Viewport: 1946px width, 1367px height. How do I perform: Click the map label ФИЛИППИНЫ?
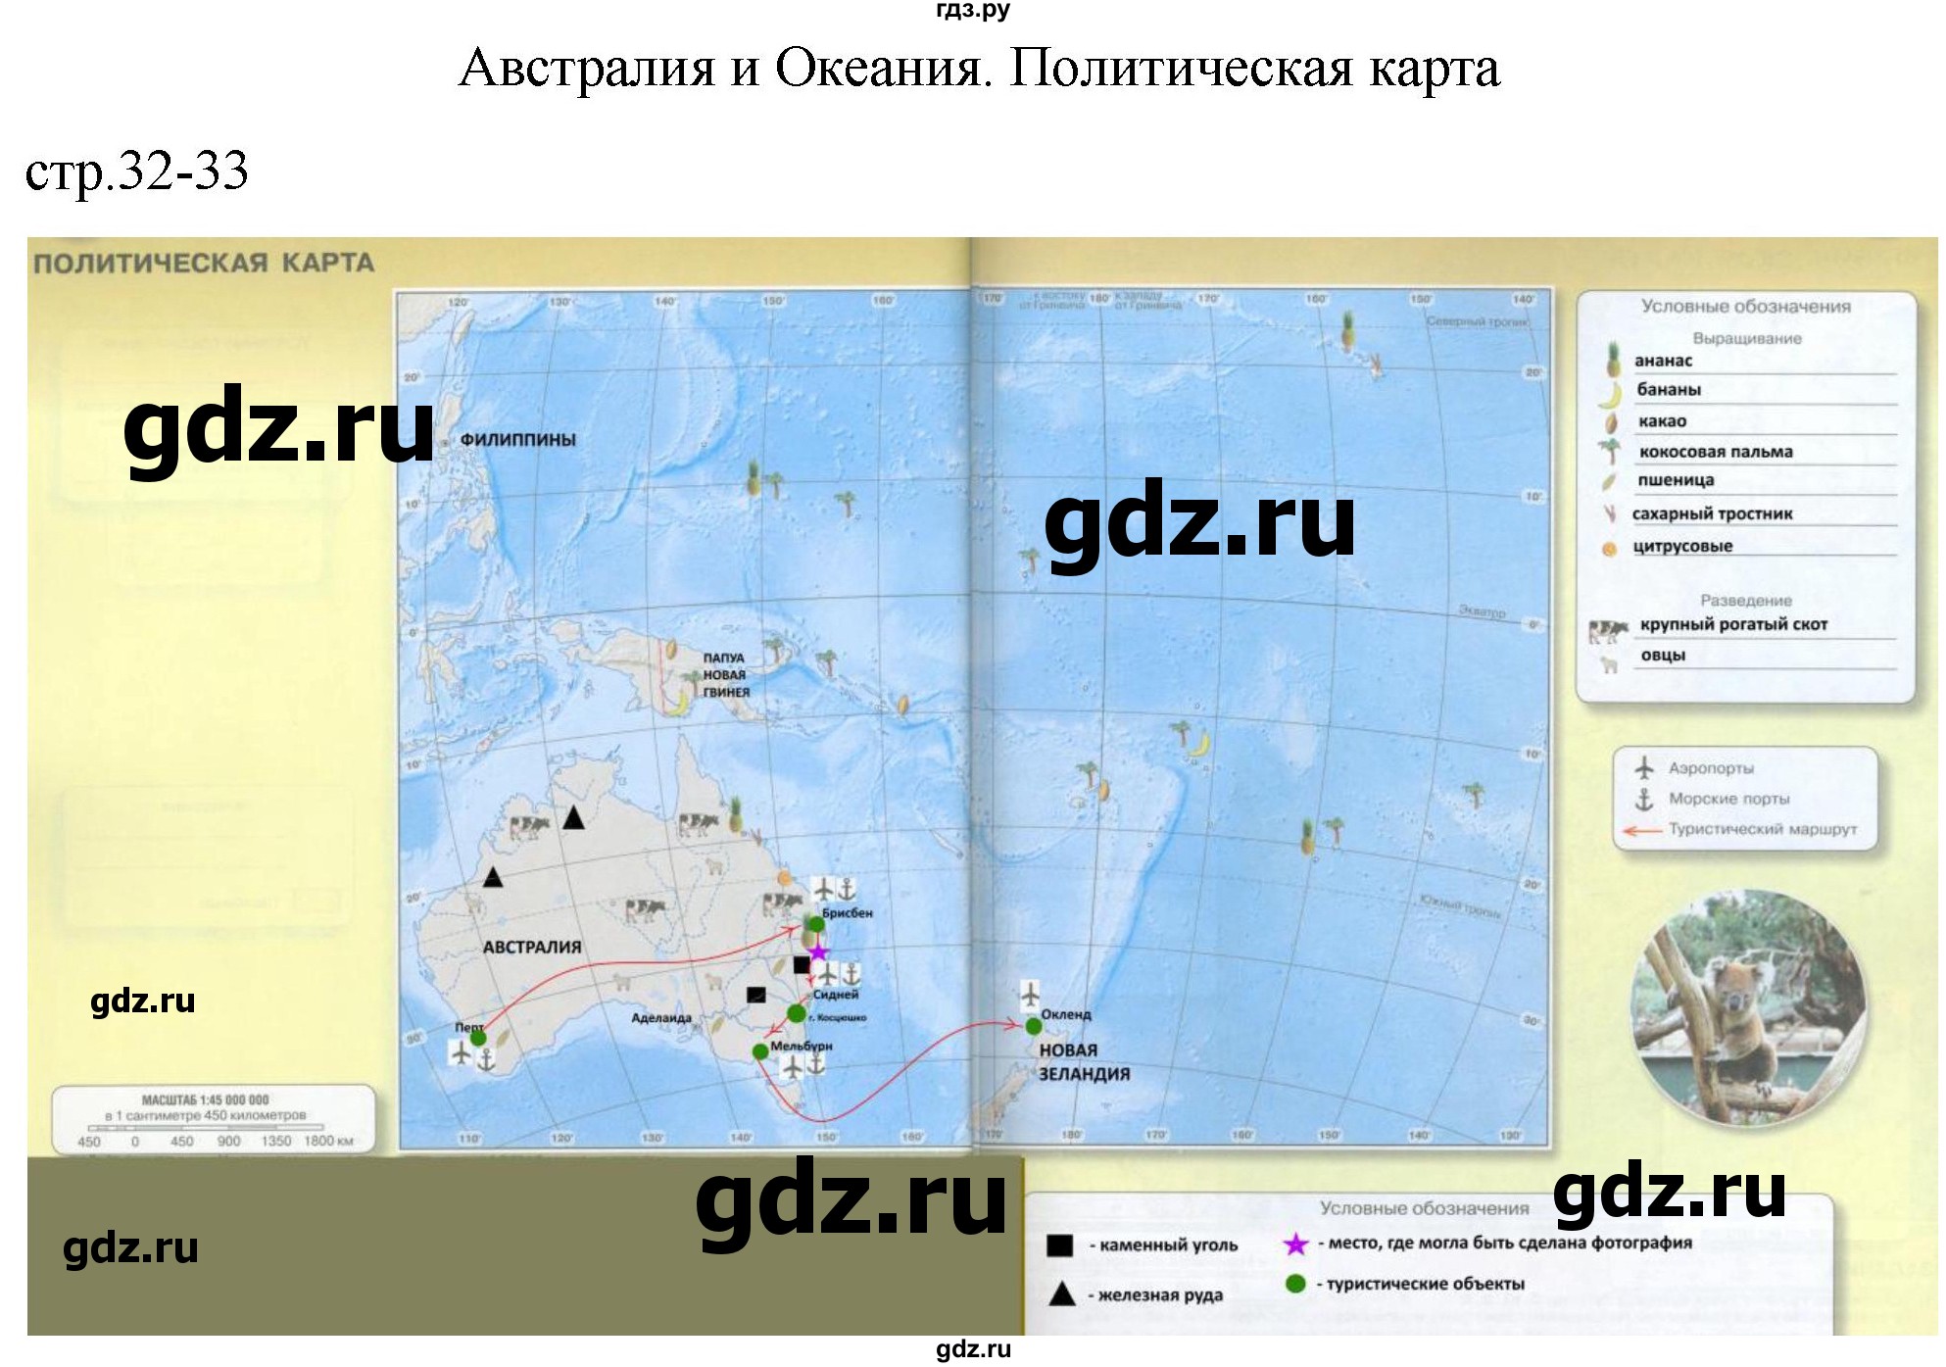tap(517, 440)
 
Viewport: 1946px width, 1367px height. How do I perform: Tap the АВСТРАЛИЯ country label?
tap(531, 948)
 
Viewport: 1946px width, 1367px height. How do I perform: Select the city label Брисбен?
tap(847, 913)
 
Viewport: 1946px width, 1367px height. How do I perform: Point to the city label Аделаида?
tap(661, 1018)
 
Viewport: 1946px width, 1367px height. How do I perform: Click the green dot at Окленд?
tap(1033, 1026)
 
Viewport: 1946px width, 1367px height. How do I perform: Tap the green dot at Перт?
tap(477, 1037)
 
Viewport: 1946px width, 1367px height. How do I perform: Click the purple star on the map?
tap(818, 952)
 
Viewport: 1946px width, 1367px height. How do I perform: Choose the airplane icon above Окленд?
tap(1030, 994)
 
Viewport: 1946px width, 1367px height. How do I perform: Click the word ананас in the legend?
tap(1664, 361)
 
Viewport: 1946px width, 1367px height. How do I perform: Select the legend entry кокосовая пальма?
tap(1715, 452)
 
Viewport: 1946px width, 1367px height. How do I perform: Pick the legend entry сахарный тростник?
tap(1712, 513)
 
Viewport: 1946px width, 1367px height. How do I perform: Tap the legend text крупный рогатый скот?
tap(1733, 624)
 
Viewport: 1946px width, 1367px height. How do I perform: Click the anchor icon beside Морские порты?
tap(1644, 800)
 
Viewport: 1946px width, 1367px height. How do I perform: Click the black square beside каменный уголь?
tap(1059, 1245)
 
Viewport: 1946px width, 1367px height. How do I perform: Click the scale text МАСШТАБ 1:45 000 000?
tap(205, 1100)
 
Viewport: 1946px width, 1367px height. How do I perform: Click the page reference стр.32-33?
tap(137, 172)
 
